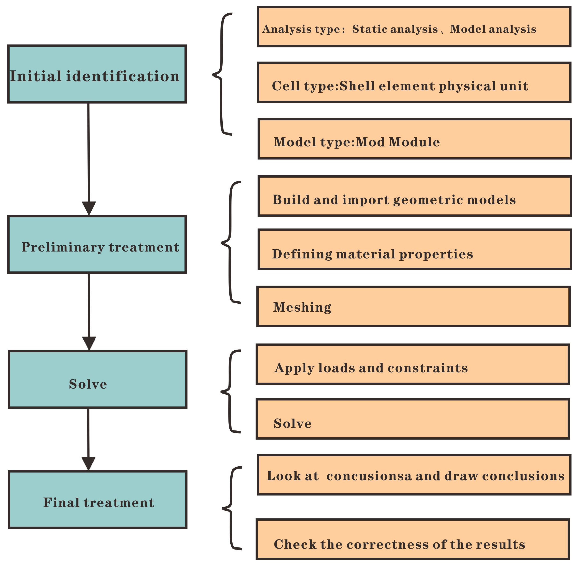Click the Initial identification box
(x=97, y=74)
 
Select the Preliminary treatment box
(x=97, y=244)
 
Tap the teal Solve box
(x=97, y=379)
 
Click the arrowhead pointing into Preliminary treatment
(x=89, y=208)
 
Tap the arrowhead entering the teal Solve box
(x=89, y=343)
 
